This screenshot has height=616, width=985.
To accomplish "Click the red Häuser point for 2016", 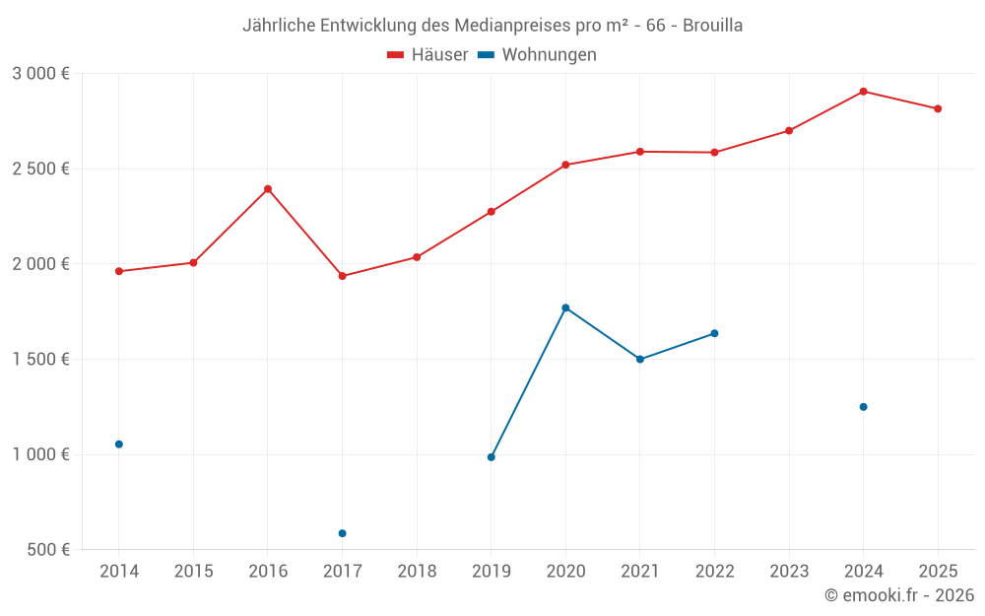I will (x=268, y=189).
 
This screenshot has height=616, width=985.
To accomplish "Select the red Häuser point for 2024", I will (x=863, y=92).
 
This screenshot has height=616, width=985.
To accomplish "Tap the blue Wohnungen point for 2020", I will (x=565, y=308).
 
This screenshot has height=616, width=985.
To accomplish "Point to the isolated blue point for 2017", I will (x=342, y=533).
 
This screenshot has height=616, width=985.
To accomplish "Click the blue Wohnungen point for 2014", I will (x=119, y=445).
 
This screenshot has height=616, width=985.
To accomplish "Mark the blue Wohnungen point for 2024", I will (x=863, y=407).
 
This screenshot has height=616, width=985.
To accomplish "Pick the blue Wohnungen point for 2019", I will (x=491, y=457).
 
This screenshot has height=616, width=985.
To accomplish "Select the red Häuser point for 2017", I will (x=342, y=276).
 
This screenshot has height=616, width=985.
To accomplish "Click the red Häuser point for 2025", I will (x=938, y=108).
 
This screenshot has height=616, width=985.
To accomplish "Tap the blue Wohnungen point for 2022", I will (x=714, y=333).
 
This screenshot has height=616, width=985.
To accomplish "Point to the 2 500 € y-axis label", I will (x=40, y=169).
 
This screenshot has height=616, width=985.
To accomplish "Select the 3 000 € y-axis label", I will (x=40, y=73).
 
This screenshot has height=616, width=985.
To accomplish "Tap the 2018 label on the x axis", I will (x=417, y=571).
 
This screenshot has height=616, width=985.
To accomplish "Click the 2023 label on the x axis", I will (x=789, y=571).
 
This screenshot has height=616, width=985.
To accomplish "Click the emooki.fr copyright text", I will (x=899, y=595).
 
